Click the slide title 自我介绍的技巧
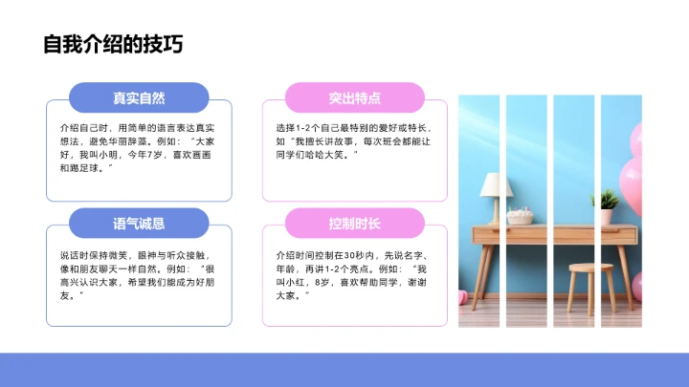[x=113, y=46]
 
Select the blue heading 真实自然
[x=139, y=98]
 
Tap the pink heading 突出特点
[x=355, y=98]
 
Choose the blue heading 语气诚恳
[x=139, y=224]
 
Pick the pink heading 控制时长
[x=355, y=224]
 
